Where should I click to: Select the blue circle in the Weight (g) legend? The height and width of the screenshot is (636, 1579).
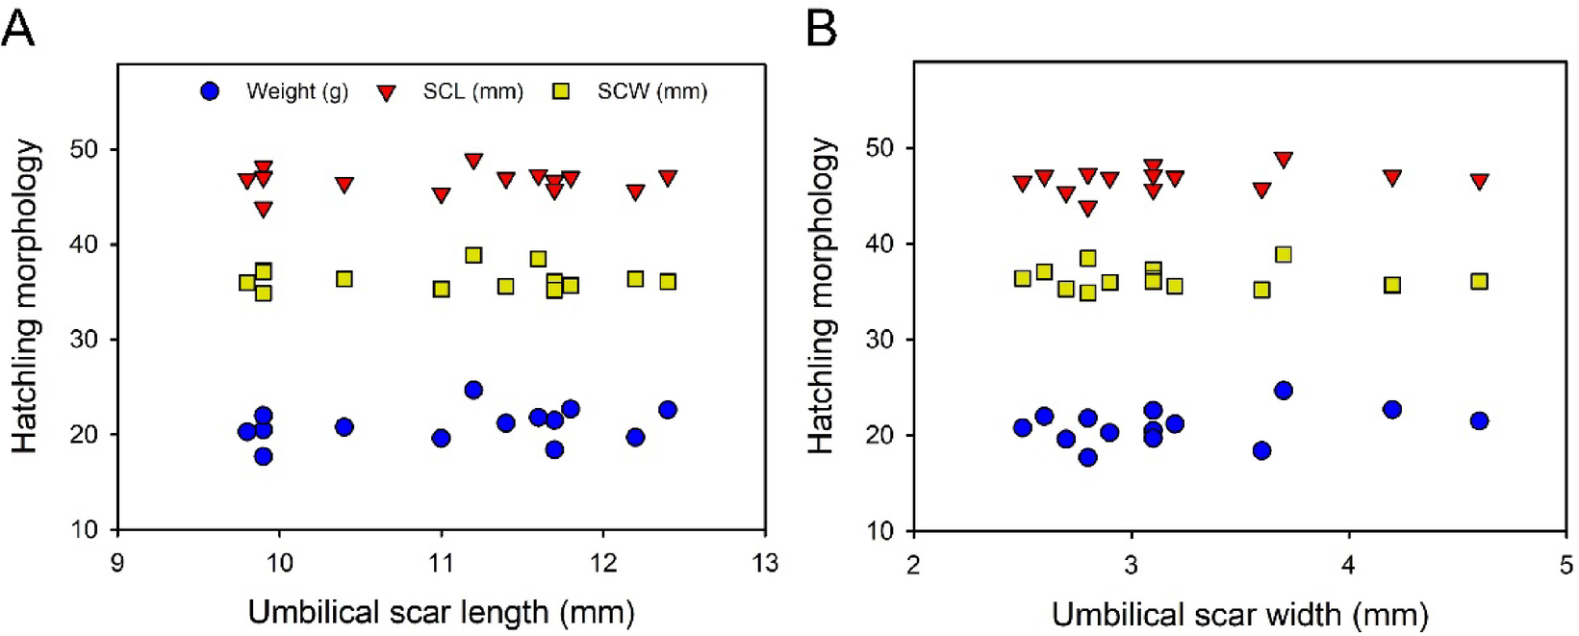pyautogui.click(x=209, y=91)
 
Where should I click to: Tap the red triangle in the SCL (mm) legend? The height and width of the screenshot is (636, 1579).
pyautogui.click(x=386, y=92)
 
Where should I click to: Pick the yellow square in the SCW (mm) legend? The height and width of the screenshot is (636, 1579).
pyautogui.click(x=561, y=91)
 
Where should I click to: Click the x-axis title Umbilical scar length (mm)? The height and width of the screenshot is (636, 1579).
pyautogui.click(x=441, y=612)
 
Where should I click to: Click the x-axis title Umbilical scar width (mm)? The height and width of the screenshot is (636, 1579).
pyautogui.click(x=1239, y=614)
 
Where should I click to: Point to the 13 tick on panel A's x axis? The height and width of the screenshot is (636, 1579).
pyautogui.click(x=765, y=563)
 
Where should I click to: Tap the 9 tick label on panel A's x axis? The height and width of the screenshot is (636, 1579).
pyautogui.click(x=117, y=563)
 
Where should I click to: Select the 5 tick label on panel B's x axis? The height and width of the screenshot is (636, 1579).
pyautogui.click(x=1566, y=564)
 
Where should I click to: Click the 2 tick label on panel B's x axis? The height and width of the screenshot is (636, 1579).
pyautogui.click(x=913, y=564)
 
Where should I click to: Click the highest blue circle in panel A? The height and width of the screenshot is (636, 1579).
pyautogui.click(x=473, y=390)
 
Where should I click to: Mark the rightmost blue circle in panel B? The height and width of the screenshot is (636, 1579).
pyautogui.click(x=1479, y=420)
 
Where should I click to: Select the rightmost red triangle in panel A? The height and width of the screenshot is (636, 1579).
pyautogui.click(x=668, y=178)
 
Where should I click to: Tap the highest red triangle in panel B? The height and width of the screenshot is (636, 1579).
pyautogui.click(x=1283, y=159)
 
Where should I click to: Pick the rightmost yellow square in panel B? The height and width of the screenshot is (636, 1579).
pyautogui.click(x=1479, y=281)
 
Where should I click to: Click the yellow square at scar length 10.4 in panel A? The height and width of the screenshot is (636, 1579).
pyautogui.click(x=344, y=279)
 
